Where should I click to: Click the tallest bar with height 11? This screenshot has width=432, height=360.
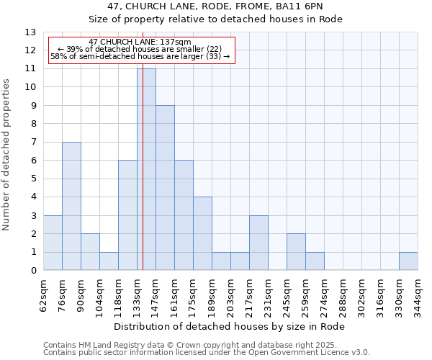[x=146, y=169]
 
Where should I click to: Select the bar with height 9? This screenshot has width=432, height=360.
[x=165, y=188]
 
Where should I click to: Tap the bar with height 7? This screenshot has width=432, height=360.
[x=71, y=206]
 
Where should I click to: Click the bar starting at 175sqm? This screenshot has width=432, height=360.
[x=202, y=233]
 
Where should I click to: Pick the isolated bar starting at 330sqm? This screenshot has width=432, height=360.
[x=408, y=261]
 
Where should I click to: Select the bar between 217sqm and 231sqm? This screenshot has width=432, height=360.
[x=258, y=243]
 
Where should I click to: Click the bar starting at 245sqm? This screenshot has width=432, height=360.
[x=296, y=252]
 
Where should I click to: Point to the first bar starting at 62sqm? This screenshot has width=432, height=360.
[x=53, y=243]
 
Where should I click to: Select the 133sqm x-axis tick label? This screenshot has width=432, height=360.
[x=138, y=293]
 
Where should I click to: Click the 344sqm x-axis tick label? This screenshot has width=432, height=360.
[x=418, y=293]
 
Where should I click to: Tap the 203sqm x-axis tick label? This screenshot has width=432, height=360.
[x=231, y=293]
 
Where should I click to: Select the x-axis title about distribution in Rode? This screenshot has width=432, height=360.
[x=230, y=326]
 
